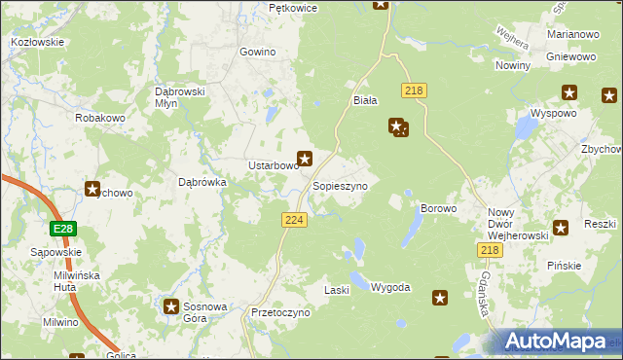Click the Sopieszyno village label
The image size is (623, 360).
click(x=340, y=185)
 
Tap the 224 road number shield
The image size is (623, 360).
click(x=295, y=221)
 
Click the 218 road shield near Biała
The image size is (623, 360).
click(x=415, y=90)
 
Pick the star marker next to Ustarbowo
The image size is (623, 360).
click(x=305, y=158)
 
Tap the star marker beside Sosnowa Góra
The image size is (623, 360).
click(x=171, y=306)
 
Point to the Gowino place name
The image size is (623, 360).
click(x=258, y=53)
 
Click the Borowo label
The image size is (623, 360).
click(x=437, y=209)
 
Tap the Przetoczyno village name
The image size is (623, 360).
click(x=279, y=313)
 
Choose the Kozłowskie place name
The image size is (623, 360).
click(x=37, y=42)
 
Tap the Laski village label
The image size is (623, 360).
click(x=336, y=290)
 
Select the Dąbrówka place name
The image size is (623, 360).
click(x=202, y=181)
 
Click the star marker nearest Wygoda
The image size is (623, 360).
click(x=440, y=298)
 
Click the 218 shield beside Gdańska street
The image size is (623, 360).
click(x=490, y=251)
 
